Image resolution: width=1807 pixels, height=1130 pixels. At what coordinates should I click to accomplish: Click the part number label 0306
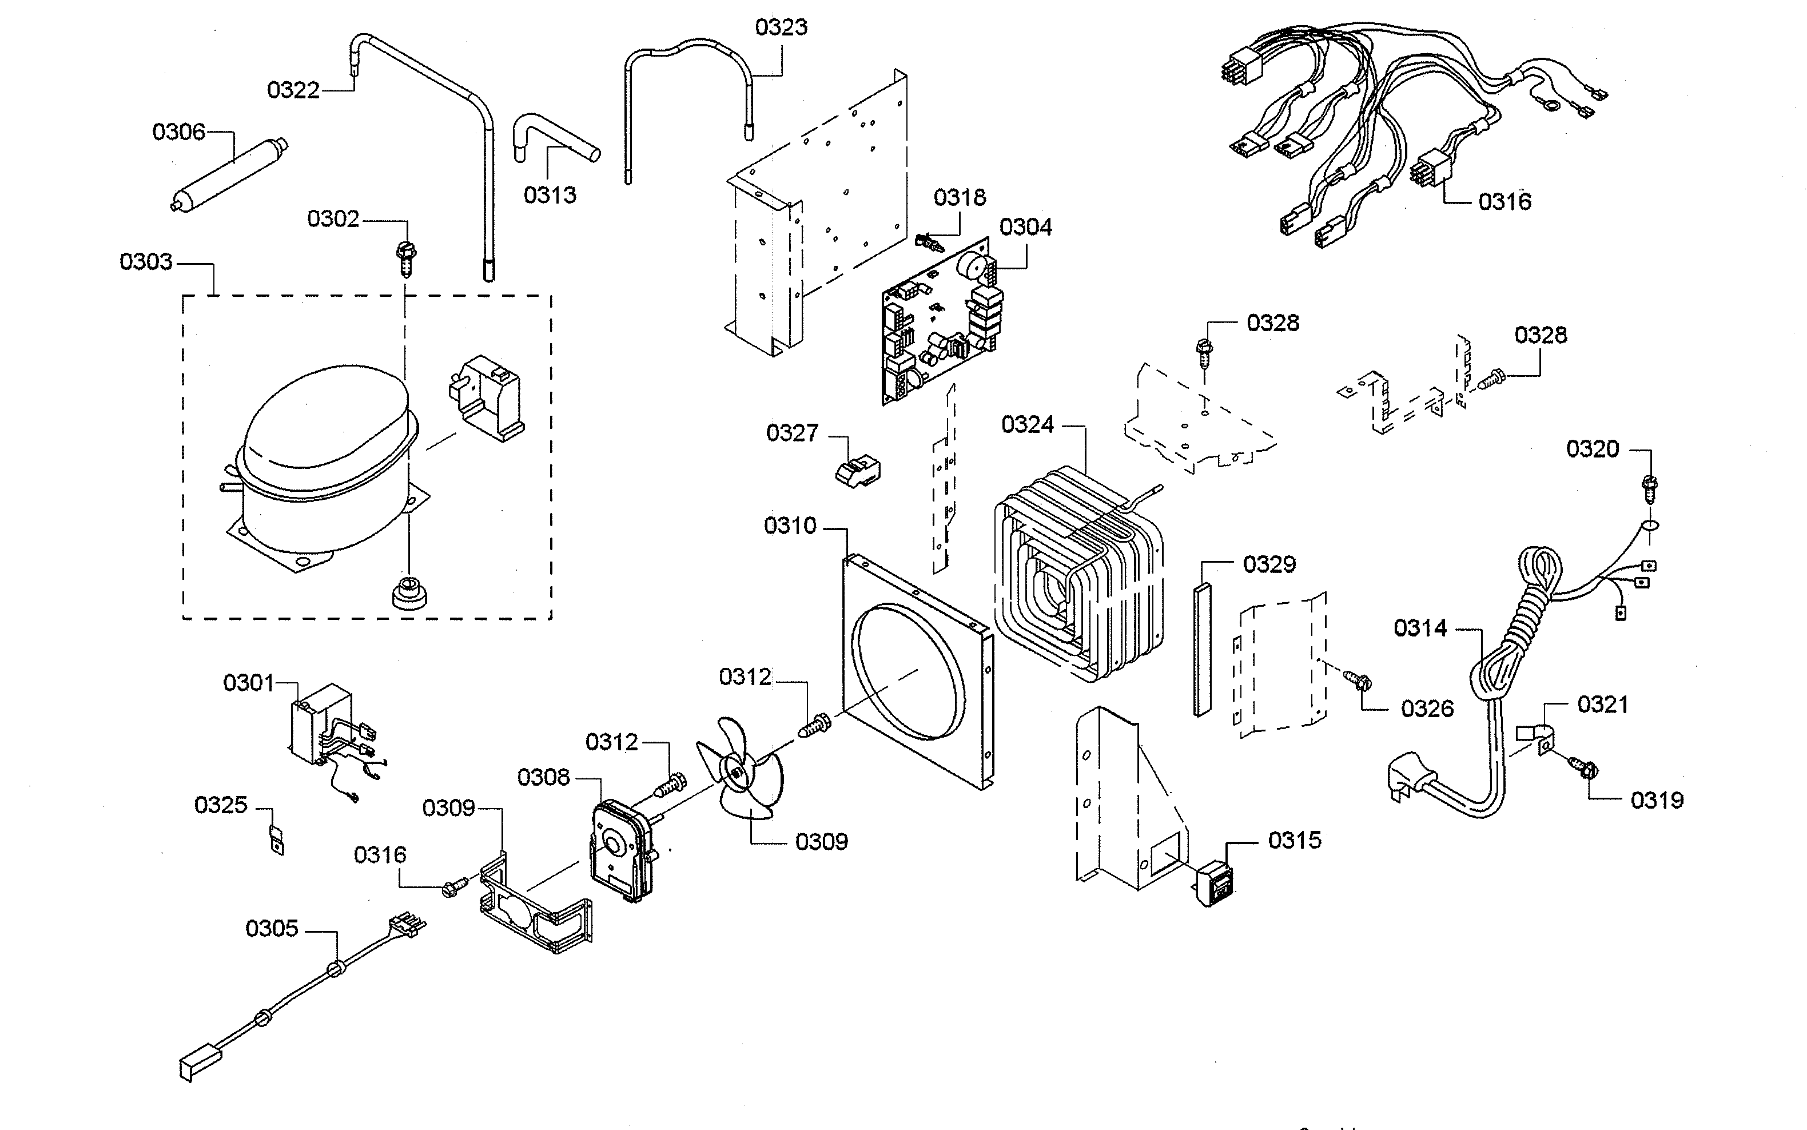tap(178, 132)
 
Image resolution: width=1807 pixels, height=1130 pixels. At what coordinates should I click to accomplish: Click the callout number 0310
tap(789, 526)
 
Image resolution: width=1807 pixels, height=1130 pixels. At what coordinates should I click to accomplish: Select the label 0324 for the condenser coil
tap(1027, 424)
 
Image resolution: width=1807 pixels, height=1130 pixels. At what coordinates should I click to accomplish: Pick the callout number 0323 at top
tap(781, 27)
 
